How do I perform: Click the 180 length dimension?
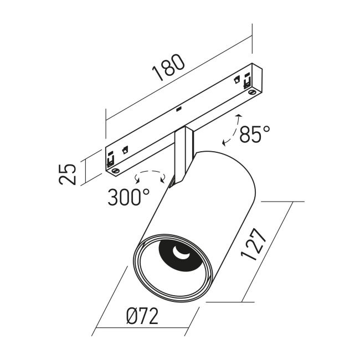[x=168, y=68]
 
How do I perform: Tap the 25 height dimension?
[x=67, y=174]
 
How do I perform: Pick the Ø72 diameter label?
[x=142, y=316]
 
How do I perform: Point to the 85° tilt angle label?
[x=255, y=135]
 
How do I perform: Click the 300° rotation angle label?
[x=128, y=197]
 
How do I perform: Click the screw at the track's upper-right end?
[x=253, y=92]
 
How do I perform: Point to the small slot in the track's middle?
[x=179, y=109]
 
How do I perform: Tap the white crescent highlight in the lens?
[x=181, y=253]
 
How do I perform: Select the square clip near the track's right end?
[x=236, y=80]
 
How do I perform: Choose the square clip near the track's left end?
[x=125, y=150]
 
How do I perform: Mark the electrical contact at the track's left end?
[x=110, y=159]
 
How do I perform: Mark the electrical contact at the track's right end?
[x=247, y=81]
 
